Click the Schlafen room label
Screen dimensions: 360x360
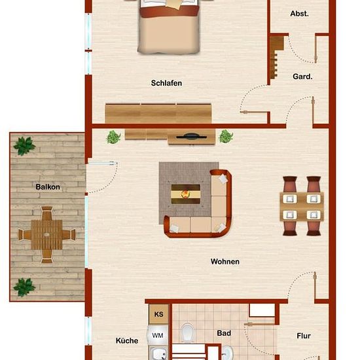point(166,83)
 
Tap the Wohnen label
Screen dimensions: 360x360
point(225,262)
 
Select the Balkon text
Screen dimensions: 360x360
point(48,187)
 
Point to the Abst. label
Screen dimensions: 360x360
point(299,14)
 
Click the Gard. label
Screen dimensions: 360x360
point(302,77)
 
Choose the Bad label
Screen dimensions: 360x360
point(224,333)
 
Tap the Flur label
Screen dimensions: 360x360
point(304,336)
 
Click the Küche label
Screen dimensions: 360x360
point(127,340)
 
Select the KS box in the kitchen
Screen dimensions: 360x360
point(158,314)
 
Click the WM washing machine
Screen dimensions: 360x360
point(158,335)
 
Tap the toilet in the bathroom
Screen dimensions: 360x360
point(188,333)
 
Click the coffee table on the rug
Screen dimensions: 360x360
point(186,194)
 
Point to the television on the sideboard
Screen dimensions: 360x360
point(192,137)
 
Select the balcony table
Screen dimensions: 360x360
point(47,234)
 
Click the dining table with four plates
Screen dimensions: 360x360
point(302,207)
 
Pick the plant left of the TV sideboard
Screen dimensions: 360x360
point(113,137)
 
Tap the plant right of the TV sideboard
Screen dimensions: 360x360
point(226,136)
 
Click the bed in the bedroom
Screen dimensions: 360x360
point(169,27)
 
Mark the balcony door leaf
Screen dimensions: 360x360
point(103,163)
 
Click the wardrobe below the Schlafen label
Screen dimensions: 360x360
point(158,114)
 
